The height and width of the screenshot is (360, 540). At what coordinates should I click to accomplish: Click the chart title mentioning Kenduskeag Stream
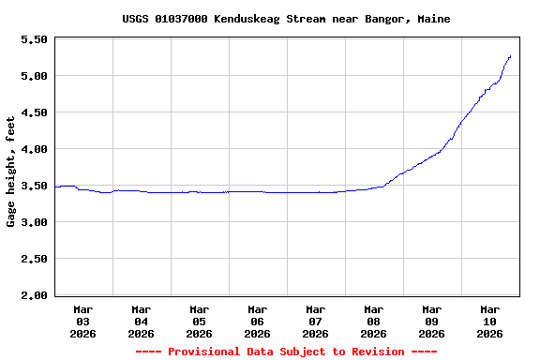pos(286,19)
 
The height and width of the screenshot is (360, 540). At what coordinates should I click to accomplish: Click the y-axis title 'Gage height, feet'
pos(11,172)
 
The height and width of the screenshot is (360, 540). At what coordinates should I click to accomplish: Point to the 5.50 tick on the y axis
pos(34,39)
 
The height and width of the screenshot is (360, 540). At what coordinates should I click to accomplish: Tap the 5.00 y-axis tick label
pos(34,76)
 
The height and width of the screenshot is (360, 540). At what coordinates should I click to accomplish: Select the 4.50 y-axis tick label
pos(34,112)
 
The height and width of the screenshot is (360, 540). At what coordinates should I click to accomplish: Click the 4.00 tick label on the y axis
pos(34,149)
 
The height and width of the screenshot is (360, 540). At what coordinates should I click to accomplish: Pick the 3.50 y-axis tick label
pos(34,186)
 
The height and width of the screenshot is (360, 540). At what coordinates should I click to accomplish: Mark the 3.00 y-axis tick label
pos(34,222)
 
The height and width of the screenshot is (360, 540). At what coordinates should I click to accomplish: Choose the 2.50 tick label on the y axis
pos(34,259)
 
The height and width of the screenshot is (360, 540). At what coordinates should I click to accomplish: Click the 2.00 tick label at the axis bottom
pos(34,295)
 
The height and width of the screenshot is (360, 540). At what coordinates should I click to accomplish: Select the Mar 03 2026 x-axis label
pos(83,321)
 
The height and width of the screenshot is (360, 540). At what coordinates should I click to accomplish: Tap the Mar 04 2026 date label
pos(142,321)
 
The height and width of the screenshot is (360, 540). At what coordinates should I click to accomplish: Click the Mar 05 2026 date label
pos(200,321)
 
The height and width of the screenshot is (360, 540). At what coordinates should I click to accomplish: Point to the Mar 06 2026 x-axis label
pos(258,321)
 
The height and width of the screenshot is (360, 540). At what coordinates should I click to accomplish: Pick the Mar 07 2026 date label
pos(316,321)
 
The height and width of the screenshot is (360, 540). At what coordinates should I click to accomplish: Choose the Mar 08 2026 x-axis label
pos(374,321)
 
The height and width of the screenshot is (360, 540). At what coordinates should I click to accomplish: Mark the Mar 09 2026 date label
pos(432,321)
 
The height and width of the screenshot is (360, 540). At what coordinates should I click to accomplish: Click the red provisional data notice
pos(286,352)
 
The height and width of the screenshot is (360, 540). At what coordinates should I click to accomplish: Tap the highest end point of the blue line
pos(510,56)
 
